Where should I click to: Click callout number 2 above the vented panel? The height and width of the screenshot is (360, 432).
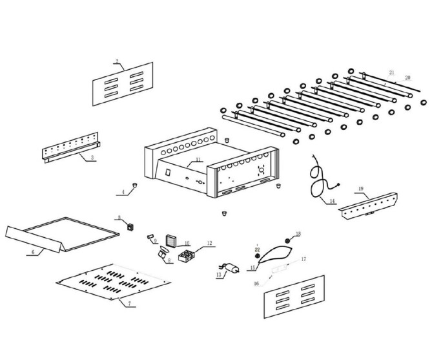(117, 62)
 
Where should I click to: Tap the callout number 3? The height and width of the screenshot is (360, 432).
(92, 157)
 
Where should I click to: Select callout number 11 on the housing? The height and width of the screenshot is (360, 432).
(198, 159)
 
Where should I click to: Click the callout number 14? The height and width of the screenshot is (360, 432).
(332, 202)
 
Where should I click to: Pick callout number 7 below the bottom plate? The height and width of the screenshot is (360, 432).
(129, 303)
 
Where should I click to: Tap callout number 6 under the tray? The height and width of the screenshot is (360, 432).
(33, 252)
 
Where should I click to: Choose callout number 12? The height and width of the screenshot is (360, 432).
(209, 244)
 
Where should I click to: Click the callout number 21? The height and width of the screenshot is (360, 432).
(391, 72)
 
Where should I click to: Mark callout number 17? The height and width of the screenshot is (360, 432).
(303, 259)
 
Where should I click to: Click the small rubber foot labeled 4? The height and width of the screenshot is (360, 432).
(136, 185)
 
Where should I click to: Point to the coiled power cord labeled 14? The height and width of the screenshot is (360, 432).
(316, 179)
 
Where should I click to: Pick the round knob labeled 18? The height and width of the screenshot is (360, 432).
(288, 240)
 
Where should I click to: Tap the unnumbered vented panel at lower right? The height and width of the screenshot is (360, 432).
(294, 297)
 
